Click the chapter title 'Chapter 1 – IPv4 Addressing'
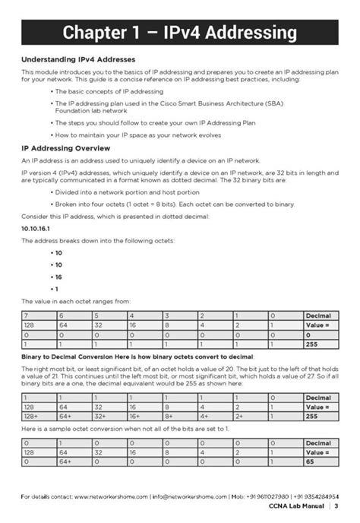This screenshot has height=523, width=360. coord(179,32)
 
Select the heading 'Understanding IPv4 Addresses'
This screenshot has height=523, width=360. coord(77,59)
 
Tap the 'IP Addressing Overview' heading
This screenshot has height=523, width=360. coord(66,147)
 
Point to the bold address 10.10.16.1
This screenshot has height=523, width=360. coord(36,228)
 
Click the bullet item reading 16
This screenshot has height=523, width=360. coord(58,277)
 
